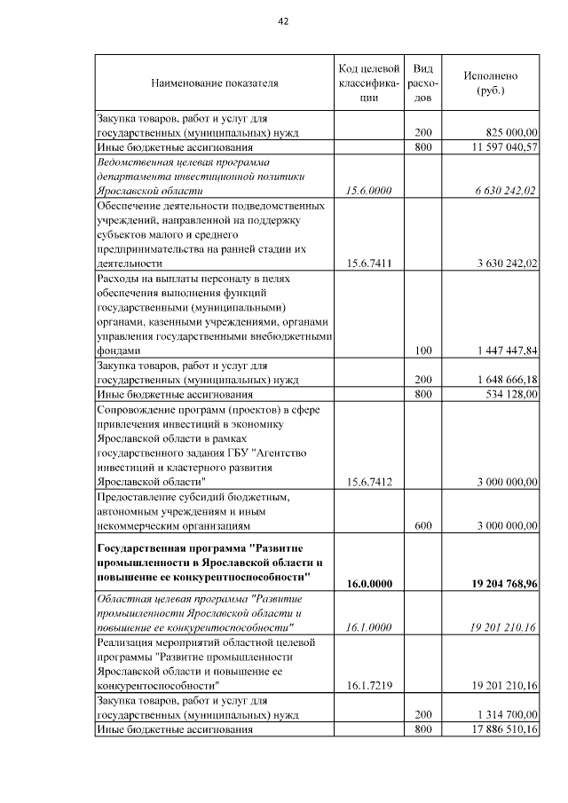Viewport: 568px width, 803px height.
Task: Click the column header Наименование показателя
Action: [215, 83]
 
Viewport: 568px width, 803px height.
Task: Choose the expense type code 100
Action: [423, 350]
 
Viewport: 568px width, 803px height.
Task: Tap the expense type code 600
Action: [423, 525]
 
